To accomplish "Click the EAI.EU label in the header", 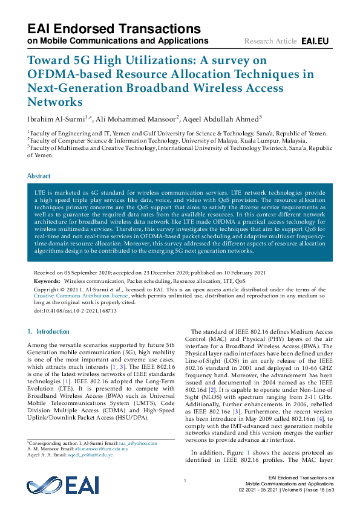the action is (315, 41).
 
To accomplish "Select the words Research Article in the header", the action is (270, 41).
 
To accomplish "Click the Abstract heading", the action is (39, 176).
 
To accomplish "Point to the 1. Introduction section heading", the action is (48, 331).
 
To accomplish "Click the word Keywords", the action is (47, 281).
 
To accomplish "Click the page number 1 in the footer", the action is (184, 480).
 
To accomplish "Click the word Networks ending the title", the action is (54, 102).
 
